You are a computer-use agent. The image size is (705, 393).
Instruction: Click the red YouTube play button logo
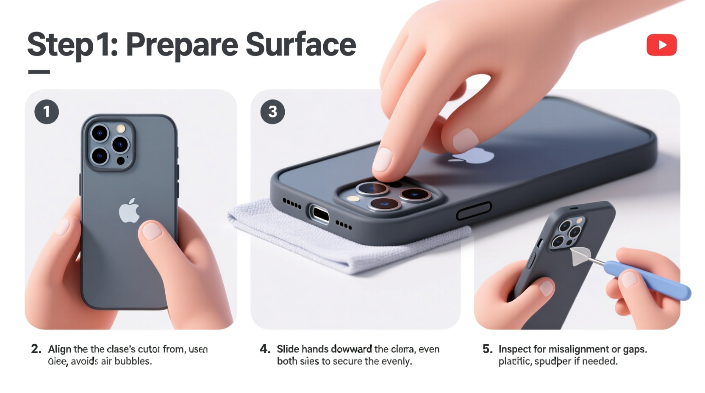pos(661,45)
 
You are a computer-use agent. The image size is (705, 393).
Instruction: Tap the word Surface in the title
pos(300,44)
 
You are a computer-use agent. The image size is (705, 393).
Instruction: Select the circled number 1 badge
pos(47,112)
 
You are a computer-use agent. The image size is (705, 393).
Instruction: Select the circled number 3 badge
pos(272,112)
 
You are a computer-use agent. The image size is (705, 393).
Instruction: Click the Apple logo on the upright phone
pos(129,210)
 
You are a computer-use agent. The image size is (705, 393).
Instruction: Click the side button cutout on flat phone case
pos(474,210)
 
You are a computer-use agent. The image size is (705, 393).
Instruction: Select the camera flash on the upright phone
pos(121,128)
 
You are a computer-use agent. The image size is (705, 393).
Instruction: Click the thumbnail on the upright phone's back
pos(151,231)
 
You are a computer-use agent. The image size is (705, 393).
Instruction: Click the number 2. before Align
pos(36,349)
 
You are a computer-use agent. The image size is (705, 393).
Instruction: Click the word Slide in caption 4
pos(287,349)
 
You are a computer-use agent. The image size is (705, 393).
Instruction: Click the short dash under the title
pos(39,72)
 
